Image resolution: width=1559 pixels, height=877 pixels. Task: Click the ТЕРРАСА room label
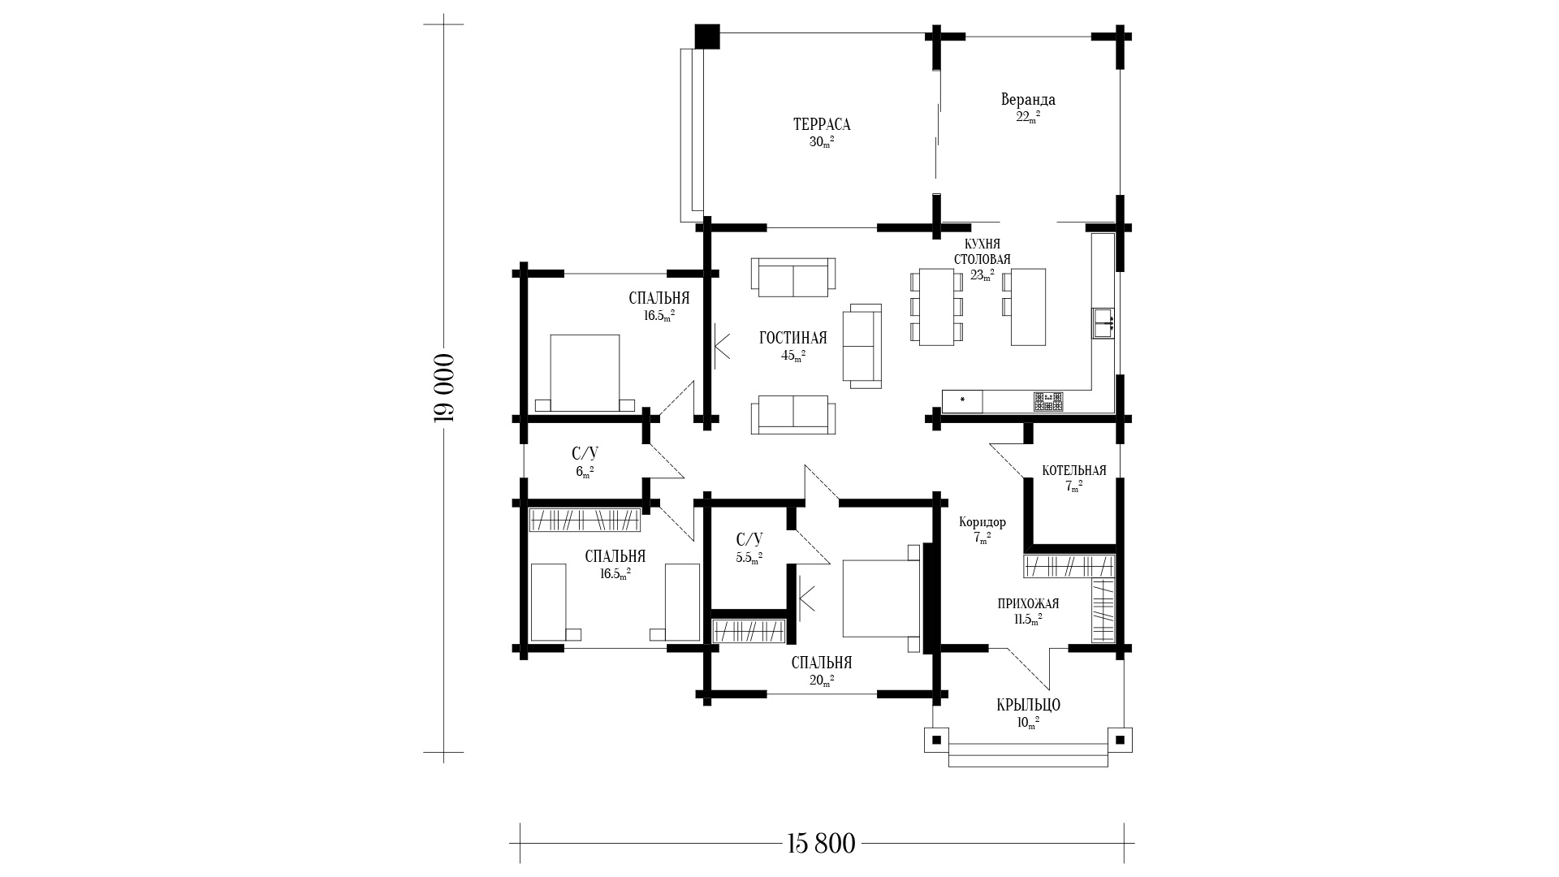822,124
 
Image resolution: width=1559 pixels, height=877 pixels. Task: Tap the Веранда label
1028,100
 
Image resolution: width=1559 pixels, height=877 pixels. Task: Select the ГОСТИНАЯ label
793,338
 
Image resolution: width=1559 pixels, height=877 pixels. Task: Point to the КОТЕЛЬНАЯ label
1074,471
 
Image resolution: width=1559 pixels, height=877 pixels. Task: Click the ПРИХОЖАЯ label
1028,604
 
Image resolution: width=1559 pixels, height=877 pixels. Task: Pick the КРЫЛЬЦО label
1028,705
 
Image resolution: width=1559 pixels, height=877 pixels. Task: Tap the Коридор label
982,522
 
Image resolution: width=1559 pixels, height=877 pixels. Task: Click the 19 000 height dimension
443,388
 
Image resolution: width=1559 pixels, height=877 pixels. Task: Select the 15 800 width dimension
821,844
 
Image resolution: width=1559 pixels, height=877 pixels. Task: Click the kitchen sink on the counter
1103,322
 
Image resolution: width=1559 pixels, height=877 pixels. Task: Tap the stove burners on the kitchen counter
1048,401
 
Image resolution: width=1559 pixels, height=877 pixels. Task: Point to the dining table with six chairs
936,307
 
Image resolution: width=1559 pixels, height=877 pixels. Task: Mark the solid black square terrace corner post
707,37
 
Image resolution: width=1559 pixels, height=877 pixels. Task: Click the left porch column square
936,740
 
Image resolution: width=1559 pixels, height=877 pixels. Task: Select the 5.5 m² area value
749,558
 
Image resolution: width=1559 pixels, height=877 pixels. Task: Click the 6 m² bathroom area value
585,472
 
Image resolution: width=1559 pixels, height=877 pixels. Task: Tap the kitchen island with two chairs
1024,307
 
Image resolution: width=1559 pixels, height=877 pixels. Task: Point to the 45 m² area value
793,355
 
